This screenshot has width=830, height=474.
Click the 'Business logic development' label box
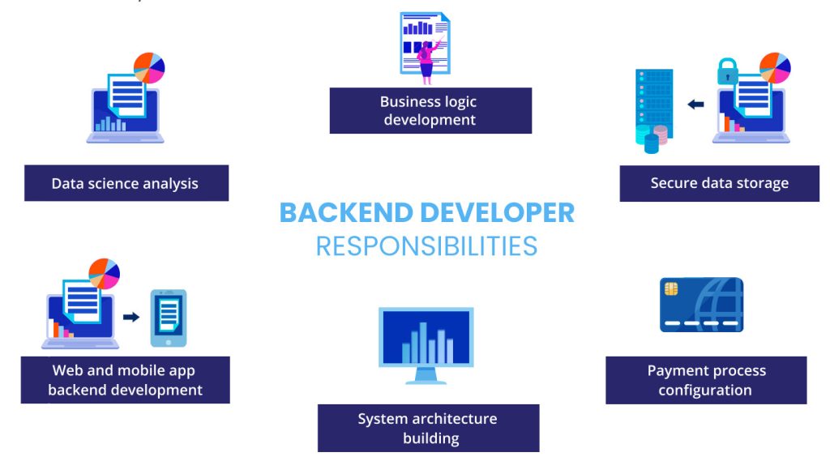coord(430,111)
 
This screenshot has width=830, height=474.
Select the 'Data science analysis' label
coord(126,183)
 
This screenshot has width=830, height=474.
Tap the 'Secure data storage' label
coord(720,183)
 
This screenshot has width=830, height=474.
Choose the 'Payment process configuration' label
coord(706,380)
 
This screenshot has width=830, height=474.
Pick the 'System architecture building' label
coord(428,429)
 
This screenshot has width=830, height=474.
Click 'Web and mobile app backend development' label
coord(126,380)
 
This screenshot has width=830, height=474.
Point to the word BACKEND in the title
coord(346,213)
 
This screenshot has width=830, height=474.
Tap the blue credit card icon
coord(701,305)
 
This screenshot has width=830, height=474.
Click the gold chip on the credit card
coord(670,288)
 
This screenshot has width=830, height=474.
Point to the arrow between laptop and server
coord(695,104)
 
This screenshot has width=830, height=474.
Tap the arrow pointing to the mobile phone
coord(130,317)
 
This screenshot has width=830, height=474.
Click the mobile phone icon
coord(168,318)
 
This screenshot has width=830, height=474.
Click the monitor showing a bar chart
coord(426,336)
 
